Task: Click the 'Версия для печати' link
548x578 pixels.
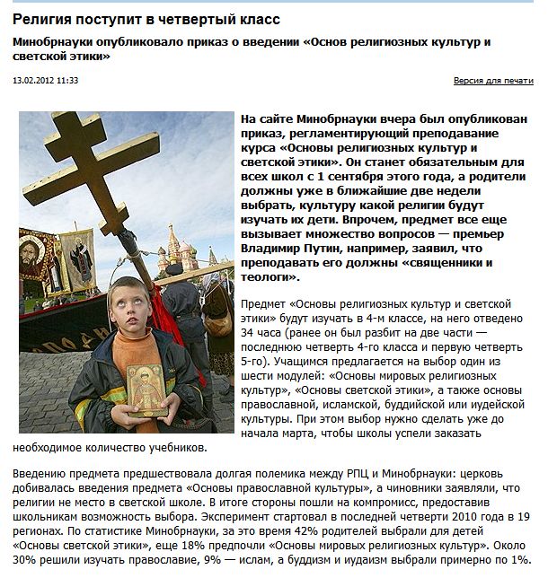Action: point(493,81)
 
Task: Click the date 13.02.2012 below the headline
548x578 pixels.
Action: point(33,81)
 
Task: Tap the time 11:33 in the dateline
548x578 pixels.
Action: point(67,81)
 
